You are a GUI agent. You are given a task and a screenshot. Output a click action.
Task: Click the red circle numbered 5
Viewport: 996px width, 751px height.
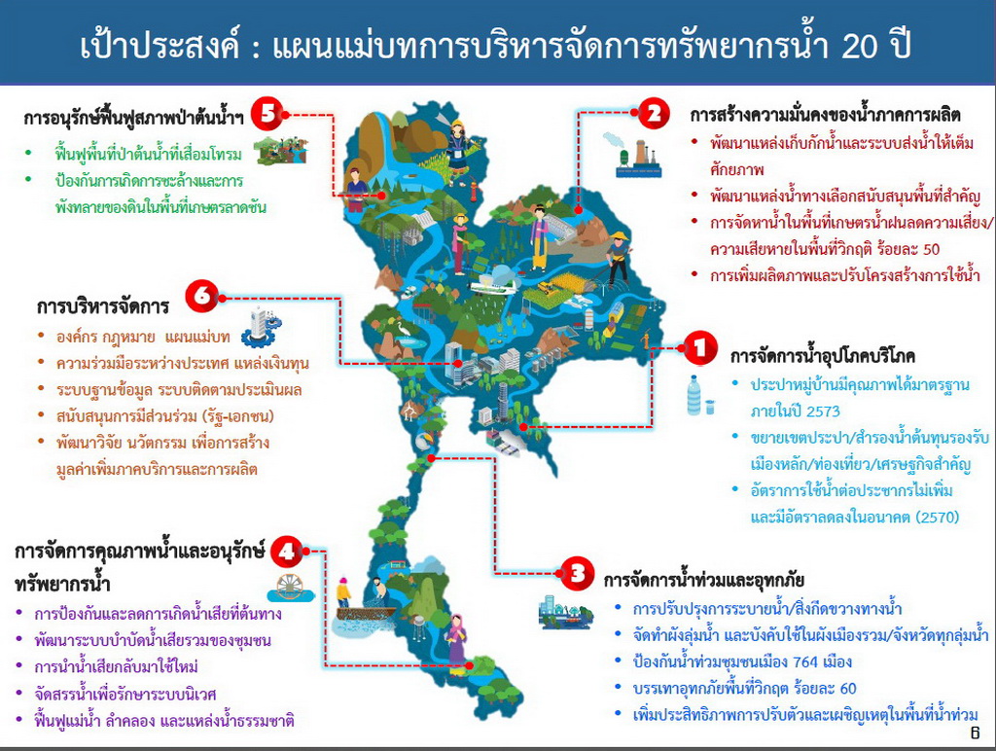click(x=267, y=115)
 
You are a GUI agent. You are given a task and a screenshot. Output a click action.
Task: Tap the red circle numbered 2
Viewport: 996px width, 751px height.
click(x=654, y=114)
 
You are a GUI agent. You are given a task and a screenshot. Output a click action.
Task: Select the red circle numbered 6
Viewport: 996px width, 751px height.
click(x=202, y=296)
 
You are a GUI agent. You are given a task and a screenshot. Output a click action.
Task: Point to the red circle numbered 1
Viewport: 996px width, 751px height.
click(x=700, y=347)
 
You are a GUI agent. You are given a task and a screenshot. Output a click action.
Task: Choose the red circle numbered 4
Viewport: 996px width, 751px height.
click(x=287, y=551)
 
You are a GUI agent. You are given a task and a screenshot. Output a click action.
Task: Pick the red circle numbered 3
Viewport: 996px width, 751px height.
click(x=578, y=574)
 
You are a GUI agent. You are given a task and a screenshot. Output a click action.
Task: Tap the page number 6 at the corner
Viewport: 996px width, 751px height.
click(x=975, y=733)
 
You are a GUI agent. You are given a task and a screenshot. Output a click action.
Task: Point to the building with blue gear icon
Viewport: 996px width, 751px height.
click(x=262, y=327)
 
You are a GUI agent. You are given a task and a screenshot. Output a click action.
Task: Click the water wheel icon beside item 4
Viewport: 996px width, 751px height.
click(x=291, y=589)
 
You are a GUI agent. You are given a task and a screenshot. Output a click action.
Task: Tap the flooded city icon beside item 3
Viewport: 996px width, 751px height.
click(x=565, y=612)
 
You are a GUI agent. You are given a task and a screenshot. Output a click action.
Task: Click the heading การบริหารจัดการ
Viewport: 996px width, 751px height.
click(x=102, y=306)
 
